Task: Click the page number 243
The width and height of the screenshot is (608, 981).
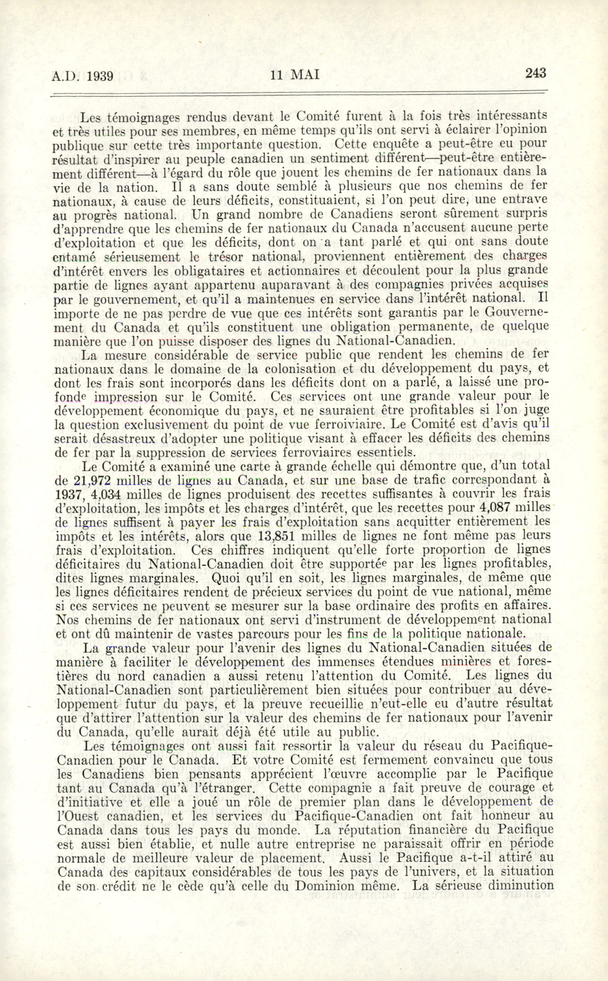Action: click(x=536, y=73)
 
